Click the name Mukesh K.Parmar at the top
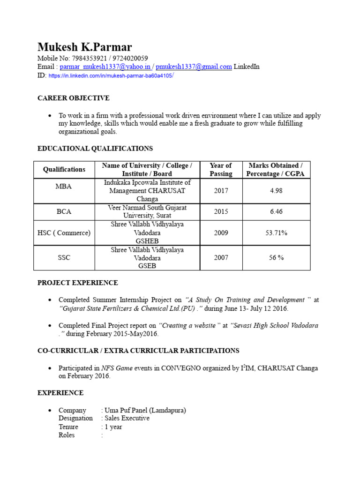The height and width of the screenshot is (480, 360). click(84, 47)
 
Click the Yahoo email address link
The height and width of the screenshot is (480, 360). click(105, 67)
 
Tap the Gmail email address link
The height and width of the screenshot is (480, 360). click(194, 67)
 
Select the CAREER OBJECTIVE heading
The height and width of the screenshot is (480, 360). click(74, 98)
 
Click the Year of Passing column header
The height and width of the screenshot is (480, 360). click(221, 169)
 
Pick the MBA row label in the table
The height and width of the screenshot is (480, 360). click(64, 186)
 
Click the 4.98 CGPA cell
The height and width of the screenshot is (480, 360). click(276, 191)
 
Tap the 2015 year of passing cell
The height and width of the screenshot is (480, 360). click(221, 211)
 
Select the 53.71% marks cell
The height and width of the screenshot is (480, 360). click(276, 232)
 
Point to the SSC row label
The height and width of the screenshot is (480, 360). click(64, 257)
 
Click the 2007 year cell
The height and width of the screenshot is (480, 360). click(221, 257)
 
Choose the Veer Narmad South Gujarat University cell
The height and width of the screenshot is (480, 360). click(147, 211)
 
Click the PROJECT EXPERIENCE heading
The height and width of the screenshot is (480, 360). click(78, 283)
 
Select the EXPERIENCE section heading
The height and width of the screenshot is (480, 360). click(60, 393)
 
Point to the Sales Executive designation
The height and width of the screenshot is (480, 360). click(127, 418)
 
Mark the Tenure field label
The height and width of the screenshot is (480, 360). click(68, 427)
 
